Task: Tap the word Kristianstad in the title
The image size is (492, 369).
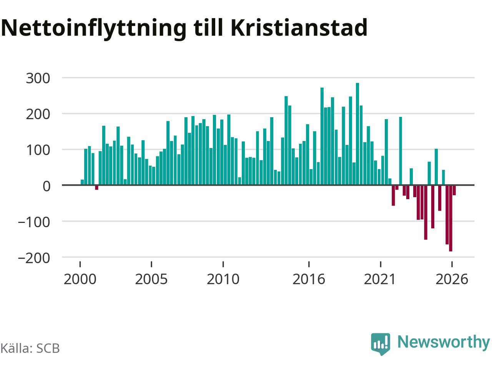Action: tap(299, 28)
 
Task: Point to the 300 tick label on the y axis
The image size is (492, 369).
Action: tap(38, 78)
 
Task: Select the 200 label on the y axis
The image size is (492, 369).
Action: tap(38, 115)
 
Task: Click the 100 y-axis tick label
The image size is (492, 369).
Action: tap(38, 150)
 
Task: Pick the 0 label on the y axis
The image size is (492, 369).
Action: tap(47, 186)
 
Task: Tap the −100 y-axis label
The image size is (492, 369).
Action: tap(34, 222)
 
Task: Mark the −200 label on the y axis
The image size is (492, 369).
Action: tap(34, 258)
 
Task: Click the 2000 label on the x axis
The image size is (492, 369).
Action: tap(80, 279)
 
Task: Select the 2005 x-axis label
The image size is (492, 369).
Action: tap(151, 279)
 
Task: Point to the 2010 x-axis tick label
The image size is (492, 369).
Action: tap(223, 279)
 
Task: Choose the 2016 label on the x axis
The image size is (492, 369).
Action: tap(309, 279)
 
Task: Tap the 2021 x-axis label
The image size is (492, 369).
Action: tap(380, 279)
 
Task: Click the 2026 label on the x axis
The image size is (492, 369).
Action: tap(452, 279)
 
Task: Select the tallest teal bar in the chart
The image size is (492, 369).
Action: tap(357, 134)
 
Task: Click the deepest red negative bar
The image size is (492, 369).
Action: tap(450, 218)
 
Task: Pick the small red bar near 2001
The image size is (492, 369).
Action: tap(96, 188)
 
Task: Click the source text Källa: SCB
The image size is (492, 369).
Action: tap(30, 348)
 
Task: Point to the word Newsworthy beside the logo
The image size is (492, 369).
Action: tap(444, 342)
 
